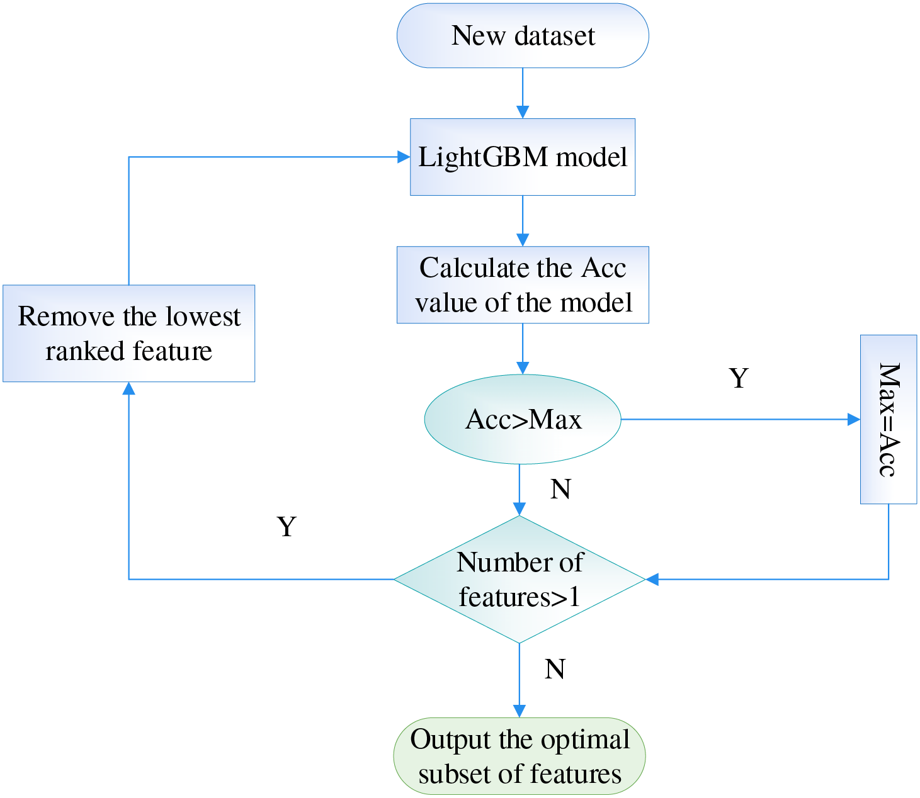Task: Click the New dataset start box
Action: [x=523, y=35]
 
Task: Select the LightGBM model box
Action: [x=523, y=157]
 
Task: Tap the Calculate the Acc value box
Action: [x=523, y=285]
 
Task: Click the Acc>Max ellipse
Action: [x=523, y=419]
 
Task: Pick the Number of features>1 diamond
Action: [x=520, y=579]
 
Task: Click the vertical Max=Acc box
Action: [x=889, y=419]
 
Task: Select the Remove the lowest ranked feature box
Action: [x=129, y=334]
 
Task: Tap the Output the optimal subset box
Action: [x=520, y=756]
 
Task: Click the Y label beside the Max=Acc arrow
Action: [x=739, y=378]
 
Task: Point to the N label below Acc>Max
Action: [x=560, y=489]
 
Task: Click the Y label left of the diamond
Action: [x=287, y=526]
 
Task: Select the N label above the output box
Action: [x=554, y=669]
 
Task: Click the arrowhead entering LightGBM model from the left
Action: [x=404, y=157]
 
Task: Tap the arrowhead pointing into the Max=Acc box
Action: [x=854, y=419]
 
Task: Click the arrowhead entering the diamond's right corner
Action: [x=652, y=579]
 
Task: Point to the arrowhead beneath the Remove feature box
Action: [x=129, y=388]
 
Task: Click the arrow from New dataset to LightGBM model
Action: [x=523, y=94]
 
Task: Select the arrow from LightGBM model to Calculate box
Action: [x=523, y=221]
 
